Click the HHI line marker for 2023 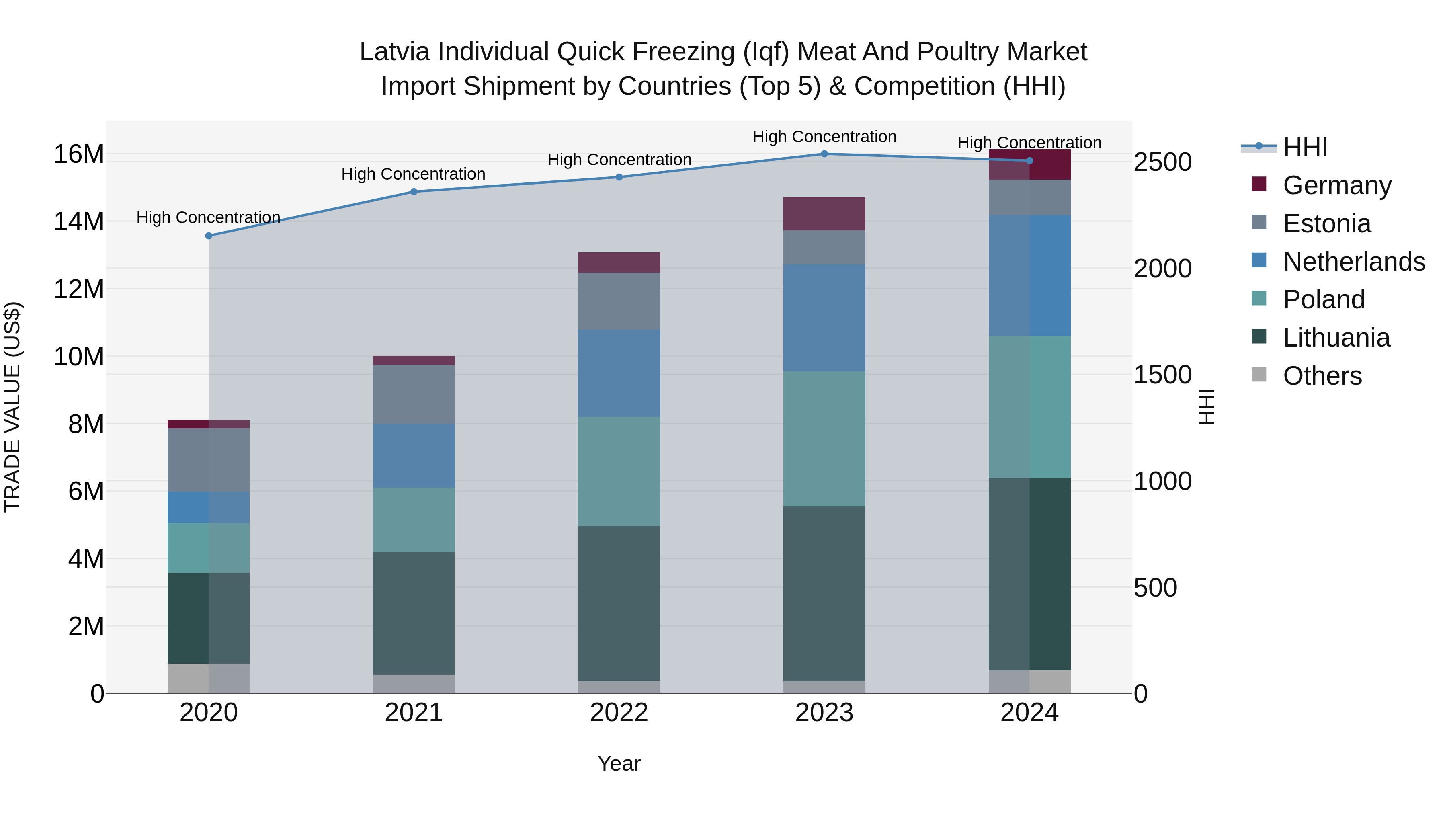tap(824, 154)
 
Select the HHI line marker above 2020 tap(209, 236)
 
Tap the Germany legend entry tap(1337, 185)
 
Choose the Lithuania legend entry tap(1336, 338)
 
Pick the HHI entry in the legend tap(1304, 147)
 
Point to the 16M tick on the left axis tap(79, 154)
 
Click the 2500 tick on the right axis tap(1162, 162)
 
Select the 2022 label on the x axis tap(619, 713)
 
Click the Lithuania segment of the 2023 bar tap(824, 593)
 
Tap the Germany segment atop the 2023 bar tap(824, 213)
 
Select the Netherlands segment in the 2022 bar tap(619, 373)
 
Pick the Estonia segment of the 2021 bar tap(414, 394)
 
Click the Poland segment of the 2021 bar tap(414, 520)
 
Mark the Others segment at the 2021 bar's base tap(414, 684)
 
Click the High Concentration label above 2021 tap(414, 174)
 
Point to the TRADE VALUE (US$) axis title tap(12, 407)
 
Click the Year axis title tap(619, 763)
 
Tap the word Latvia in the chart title tap(396, 52)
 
